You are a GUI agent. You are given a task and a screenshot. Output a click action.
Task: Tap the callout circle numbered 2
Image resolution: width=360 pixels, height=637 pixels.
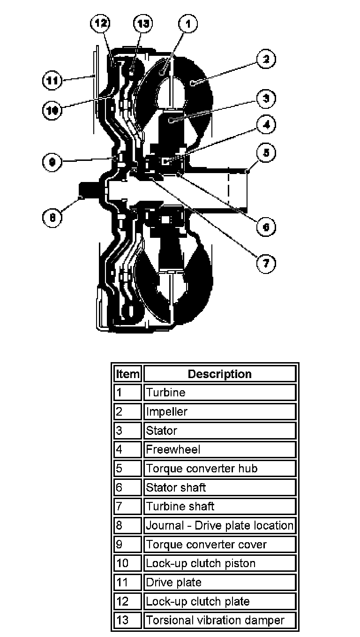pyautogui.click(x=265, y=59)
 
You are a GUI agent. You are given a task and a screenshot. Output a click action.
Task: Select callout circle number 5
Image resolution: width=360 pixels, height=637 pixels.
pyautogui.click(x=266, y=153)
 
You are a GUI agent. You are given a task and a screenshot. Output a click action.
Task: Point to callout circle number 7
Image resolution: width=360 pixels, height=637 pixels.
pyautogui.click(x=265, y=263)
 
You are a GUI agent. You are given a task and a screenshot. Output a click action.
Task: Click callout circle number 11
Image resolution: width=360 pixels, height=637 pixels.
pyautogui.click(x=52, y=80)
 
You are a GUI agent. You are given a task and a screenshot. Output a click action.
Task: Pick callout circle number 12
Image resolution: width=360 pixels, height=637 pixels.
pyautogui.click(x=102, y=23)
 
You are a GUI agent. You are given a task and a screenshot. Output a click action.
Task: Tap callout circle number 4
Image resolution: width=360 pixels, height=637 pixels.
pyautogui.click(x=266, y=125)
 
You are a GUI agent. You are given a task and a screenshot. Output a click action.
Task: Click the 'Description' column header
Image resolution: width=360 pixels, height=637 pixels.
pyautogui.click(x=220, y=374)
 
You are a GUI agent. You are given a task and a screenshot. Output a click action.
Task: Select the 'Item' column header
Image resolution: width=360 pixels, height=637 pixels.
pyautogui.click(x=127, y=374)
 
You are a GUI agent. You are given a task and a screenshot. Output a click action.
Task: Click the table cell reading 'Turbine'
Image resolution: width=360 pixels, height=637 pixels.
pyautogui.click(x=220, y=393)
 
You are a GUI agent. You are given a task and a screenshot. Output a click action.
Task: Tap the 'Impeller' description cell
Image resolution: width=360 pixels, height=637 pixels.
pyautogui.click(x=220, y=411)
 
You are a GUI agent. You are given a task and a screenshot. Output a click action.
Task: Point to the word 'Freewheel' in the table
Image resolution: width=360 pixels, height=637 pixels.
pyautogui.click(x=173, y=449)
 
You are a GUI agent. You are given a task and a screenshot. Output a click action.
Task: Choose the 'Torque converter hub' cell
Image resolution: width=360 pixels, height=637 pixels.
pyautogui.click(x=220, y=468)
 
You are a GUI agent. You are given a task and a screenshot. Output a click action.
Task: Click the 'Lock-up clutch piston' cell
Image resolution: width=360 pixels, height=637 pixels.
pyautogui.click(x=220, y=563)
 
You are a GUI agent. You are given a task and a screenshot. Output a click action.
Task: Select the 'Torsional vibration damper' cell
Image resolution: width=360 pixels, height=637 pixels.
pyautogui.click(x=220, y=620)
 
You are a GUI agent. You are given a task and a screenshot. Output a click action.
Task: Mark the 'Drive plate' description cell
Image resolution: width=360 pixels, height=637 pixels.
pyautogui.click(x=220, y=582)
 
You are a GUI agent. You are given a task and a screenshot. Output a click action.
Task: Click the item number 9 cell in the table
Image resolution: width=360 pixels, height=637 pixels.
pyautogui.click(x=127, y=544)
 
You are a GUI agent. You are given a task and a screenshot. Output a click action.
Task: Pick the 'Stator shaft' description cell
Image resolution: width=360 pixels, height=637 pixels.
pyautogui.click(x=220, y=487)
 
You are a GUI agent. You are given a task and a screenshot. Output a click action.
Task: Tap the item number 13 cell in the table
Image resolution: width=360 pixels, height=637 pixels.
pyautogui.click(x=127, y=620)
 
